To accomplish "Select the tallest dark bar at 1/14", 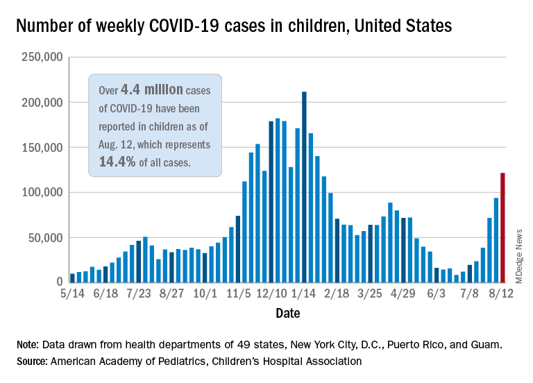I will [305, 187].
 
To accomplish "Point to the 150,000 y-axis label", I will [39, 148].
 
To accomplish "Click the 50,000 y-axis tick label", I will [42, 237].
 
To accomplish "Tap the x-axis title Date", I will [287, 314].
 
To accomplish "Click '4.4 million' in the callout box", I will [152, 90].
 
